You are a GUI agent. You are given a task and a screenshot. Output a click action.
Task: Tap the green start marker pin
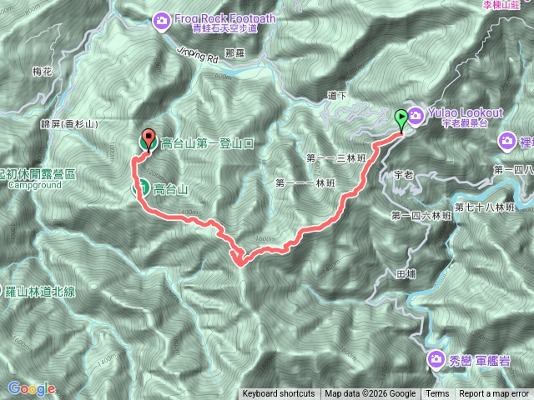point(400,119)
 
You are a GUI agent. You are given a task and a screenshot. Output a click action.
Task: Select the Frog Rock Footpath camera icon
point(161,19)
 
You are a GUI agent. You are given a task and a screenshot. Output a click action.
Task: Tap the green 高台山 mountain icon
point(143,187)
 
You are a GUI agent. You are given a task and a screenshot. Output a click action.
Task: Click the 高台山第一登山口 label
point(206,143)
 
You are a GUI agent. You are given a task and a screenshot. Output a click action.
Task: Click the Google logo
point(31,388)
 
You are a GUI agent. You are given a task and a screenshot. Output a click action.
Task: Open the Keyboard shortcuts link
point(279,394)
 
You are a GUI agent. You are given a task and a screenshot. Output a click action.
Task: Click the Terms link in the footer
point(436,394)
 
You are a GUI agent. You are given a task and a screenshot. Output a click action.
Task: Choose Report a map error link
point(494,394)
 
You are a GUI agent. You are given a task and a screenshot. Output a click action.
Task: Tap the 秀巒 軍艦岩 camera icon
point(436,360)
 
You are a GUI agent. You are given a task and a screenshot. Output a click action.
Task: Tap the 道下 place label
point(337,96)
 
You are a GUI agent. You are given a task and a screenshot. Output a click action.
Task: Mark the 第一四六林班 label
point(421,216)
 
